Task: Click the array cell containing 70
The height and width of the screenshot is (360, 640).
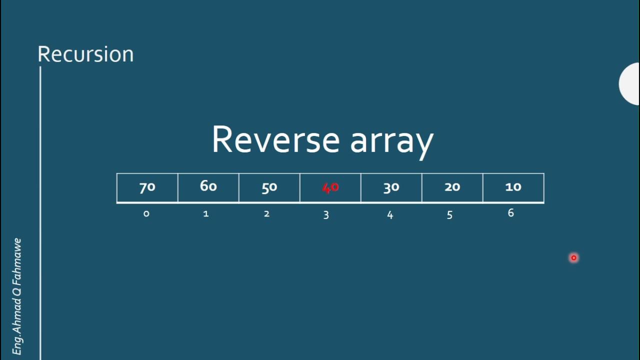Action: pos(147,187)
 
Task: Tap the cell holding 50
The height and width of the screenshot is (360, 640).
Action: pos(269,187)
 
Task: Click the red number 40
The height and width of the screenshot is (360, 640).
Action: pos(330,187)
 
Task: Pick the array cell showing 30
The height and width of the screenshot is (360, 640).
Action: pos(391,187)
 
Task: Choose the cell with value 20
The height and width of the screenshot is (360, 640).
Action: pos(452,187)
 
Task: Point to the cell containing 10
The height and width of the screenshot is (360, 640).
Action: pos(513,187)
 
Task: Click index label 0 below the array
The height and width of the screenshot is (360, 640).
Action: pos(146,214)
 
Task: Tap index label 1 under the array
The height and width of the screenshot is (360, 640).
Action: pos(205,214)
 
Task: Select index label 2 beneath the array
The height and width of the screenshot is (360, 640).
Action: pos(266,214)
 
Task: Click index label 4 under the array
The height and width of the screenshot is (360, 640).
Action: pos(390,215)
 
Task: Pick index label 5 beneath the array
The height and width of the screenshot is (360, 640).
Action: pos(449,215)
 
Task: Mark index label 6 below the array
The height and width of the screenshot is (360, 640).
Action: pos(510,213)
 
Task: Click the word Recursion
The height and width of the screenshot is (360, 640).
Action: pos(85,54)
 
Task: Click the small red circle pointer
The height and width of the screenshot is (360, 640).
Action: pos(573,258)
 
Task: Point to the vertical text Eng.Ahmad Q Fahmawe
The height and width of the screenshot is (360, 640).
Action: pos(17,296)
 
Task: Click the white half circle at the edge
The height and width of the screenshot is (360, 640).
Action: pos(630,84)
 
